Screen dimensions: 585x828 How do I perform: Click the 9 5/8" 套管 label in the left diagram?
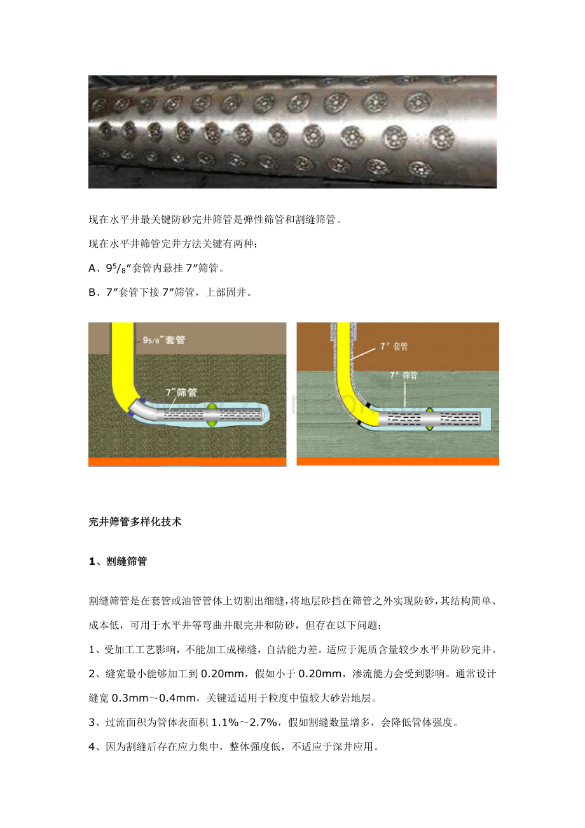point(163,340)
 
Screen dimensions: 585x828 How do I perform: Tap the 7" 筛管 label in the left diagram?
point(181,392)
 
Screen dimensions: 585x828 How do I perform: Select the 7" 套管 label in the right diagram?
point(394,347)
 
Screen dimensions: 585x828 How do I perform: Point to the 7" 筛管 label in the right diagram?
point(404,376)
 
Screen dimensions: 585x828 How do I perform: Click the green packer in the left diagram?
point(212,415)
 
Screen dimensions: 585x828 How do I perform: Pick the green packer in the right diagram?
point(429,419)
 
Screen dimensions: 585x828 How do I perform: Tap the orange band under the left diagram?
point(187,462)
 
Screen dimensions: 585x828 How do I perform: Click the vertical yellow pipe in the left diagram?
point(123,359)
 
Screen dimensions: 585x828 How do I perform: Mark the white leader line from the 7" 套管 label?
point(363,354)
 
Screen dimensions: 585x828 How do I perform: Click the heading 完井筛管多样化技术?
point(135,521)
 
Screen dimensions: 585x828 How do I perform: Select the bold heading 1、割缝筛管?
point(118,561)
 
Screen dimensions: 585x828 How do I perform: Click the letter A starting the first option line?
point(92,268)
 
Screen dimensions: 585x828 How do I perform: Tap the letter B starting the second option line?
point(92,293)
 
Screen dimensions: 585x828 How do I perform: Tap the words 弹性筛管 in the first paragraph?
point(263,219)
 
